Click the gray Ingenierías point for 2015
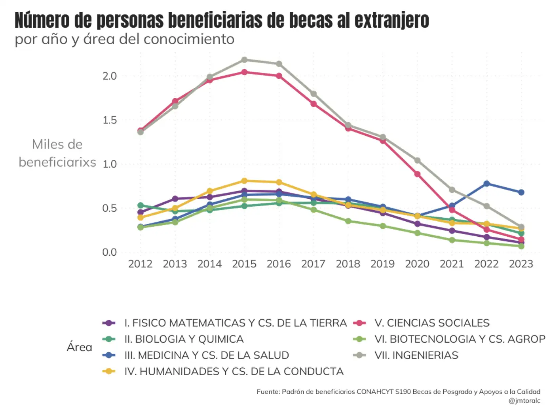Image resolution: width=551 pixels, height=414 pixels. [244, 60]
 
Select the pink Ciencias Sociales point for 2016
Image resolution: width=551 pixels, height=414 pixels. [279, 76]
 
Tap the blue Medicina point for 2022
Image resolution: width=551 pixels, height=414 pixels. [486, 184]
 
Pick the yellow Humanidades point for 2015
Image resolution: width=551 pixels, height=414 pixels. [244, 181]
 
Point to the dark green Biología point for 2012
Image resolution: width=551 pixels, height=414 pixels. [141, 205]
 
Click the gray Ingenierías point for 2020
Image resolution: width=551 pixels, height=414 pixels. [417, 160]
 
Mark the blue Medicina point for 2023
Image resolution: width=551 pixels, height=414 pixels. [521, 192]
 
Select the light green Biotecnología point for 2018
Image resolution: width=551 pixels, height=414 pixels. [348, 221]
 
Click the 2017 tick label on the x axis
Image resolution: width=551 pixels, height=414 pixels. [313, 264]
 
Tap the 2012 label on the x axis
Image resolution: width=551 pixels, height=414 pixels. [140, 264]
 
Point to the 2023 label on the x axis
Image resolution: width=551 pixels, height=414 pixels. [521, 264]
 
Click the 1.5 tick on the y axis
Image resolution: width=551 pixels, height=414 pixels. [110, 120]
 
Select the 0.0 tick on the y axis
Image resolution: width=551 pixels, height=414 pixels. [110, 252]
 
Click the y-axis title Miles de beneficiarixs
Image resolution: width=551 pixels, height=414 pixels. [57, 153]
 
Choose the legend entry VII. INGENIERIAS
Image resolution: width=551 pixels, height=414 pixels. [416, 355]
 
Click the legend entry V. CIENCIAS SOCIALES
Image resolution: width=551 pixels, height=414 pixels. [432, 323]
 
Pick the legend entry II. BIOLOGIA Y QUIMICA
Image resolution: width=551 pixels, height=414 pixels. [184, 339]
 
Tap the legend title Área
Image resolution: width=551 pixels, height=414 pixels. [79, 347]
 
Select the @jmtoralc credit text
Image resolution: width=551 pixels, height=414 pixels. [524, 401]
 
